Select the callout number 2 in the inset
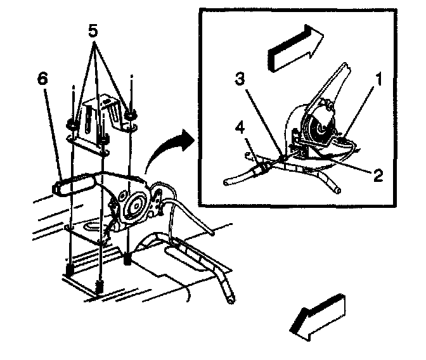(378, 176)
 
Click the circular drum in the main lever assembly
(134, 205)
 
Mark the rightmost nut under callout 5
(131, 115)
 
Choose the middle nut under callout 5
(102, 134)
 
